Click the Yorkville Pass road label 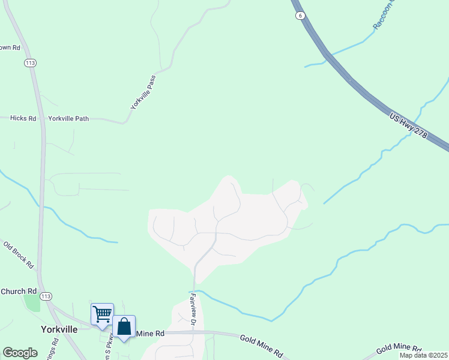(144, 92)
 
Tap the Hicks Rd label (23, 119)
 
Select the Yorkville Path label (68, 119)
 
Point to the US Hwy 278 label (408, 126)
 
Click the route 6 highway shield (298, 16)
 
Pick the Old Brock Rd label (19, 254)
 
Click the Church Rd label (19, 292)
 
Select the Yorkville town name (59, 329)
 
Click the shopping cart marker (102, 313)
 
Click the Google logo (20, 353)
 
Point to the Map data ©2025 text (424, 355)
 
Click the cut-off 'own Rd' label (10, 47)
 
